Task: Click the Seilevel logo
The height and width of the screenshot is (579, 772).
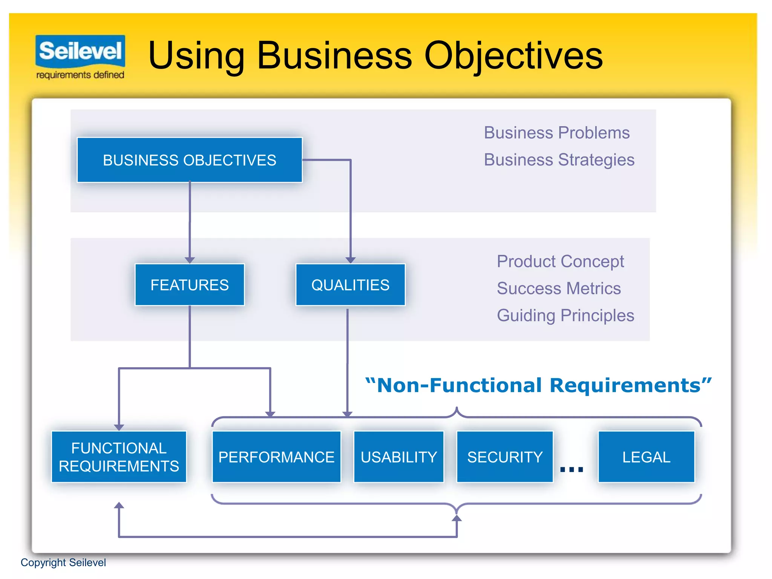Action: click(80, 57)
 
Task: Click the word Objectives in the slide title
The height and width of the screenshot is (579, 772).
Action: click(513, 56)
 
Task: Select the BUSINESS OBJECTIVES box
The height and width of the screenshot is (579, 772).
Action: click(190, 160)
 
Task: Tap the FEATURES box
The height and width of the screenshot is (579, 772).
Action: click(190, 285)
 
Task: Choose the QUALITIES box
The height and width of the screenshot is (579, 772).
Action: click(350, 285)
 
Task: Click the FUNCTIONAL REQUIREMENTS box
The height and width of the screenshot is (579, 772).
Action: click(119, 457)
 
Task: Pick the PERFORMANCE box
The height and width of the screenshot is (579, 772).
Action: click(276, 457)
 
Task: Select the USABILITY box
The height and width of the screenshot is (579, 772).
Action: click(398, 457)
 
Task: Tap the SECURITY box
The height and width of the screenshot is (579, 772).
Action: click(505, 457)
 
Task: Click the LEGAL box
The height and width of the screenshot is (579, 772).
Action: click(646, 457)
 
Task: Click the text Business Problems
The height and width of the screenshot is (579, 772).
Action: click(556, 133)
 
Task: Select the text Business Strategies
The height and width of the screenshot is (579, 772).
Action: click(559, 160)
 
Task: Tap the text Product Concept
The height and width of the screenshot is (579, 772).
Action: click(560, 261)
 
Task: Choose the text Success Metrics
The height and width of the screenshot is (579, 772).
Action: click(559, 288)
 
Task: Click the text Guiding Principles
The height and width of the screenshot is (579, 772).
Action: click(565, 316)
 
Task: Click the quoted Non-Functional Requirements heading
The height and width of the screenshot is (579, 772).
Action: click(538, 386)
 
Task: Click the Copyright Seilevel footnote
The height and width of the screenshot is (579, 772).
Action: click(63, 562)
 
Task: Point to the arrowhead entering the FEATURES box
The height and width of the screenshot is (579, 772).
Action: click(190, 260)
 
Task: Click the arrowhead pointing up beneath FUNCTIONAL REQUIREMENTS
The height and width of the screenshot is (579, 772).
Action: click(119, 505)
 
